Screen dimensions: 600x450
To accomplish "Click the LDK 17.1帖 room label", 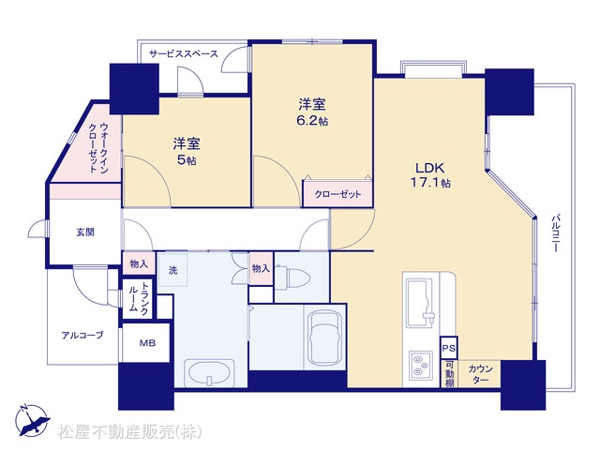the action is pos(430,175).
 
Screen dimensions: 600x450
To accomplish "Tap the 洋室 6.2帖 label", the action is pos(312,112).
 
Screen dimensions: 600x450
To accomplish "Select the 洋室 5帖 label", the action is pos(187,151).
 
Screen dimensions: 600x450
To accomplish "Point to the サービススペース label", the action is pos(184,53).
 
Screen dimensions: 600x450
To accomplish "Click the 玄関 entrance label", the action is pos(85,232).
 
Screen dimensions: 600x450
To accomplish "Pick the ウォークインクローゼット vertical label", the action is pos(98,148).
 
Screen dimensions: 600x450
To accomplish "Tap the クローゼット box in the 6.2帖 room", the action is pos(337,194).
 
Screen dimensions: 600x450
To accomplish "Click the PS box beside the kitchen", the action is pos(448,348).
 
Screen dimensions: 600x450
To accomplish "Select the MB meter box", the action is pos(146,343).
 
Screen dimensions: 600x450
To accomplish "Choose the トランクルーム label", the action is pos(138,298).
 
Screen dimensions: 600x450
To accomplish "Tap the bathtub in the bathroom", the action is pos(325,337).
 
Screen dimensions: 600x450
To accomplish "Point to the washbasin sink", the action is pos(209,373).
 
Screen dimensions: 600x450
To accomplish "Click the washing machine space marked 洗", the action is pos(172,269).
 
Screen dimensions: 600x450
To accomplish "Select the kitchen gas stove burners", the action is pos(420,365).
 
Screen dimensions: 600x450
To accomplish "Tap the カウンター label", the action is pos(480,374).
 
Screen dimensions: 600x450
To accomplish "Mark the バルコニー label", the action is pos(555,233).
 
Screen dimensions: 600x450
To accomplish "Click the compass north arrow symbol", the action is pos(32,420).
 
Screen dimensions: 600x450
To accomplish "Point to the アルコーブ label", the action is pos(82,336).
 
